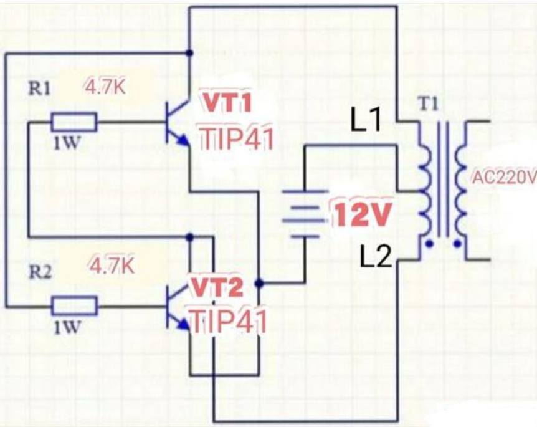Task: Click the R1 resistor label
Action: (x=39, y=89)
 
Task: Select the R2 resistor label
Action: (x=40, y=273)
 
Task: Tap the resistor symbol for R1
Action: (x=74, y=122)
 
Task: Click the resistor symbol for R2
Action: (x=74, y=306)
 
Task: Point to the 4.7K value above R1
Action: (x=105, y=87)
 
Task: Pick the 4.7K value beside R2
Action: (x=112, y=266)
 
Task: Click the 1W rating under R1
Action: (x=67, y=143)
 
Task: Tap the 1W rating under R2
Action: (x=67, y=328)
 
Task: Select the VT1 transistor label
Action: (x=228, y=102)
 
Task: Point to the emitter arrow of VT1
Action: (x=183, y=140)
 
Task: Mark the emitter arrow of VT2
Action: (x=184, y=324)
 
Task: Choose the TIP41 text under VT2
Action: (x=229, y=322)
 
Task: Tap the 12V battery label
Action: (x=363, y=214)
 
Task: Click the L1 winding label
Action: (x=366, y=121)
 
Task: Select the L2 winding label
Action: (x=376, y=257)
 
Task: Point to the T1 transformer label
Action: (x=428, y=104)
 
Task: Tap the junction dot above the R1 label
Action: (x=190, y=53)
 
